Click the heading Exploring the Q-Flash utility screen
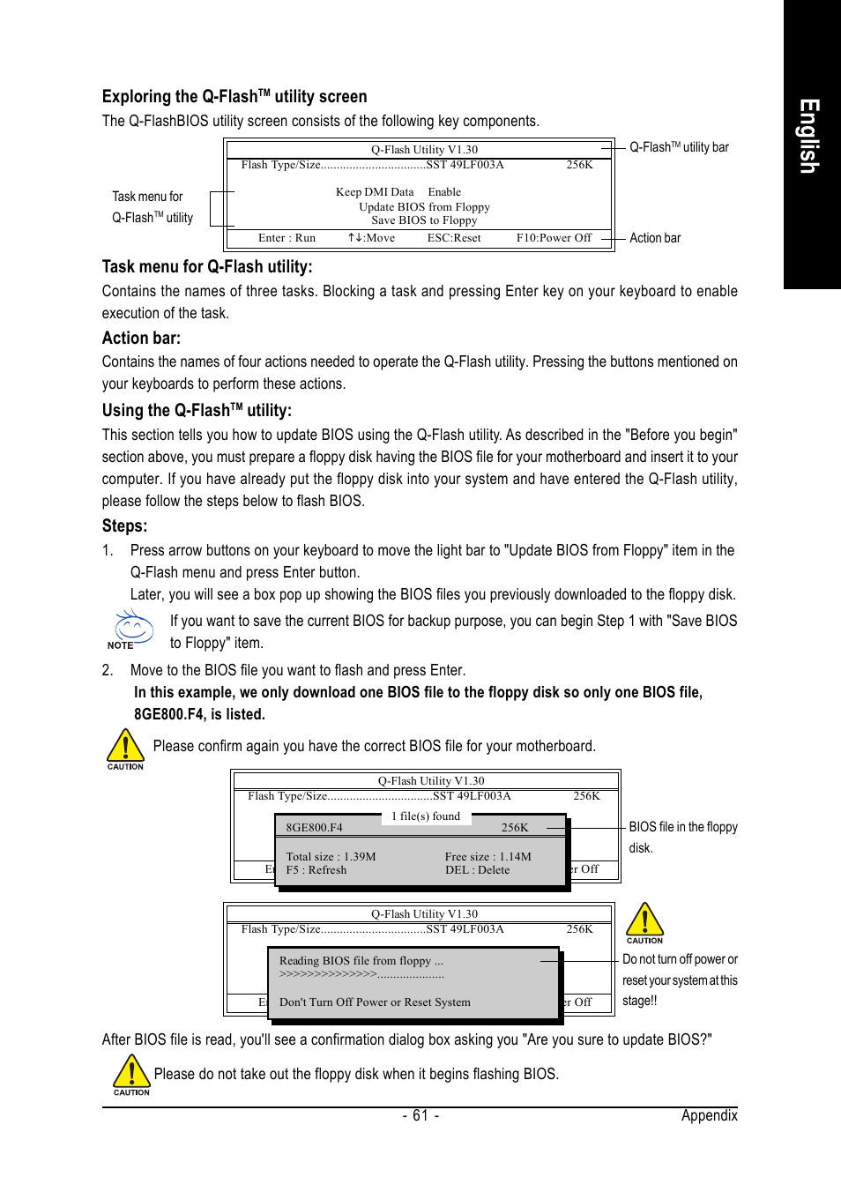pos(234,96)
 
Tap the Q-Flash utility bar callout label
pos(679,147)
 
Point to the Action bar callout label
pos(655,238)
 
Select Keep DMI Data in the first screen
pos(375,192)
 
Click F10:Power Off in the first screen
pos(554,238)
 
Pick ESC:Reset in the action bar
pos(454,238)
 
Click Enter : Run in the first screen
pos(287,238)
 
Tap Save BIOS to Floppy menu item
pos(424,220)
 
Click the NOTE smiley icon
pos(133,628)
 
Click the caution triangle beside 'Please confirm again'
pos(125,746)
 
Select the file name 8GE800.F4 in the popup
pos(314,828)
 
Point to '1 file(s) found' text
pos(426,816)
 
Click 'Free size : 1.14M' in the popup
pos(487,857)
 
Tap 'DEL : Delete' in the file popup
pos(477,870)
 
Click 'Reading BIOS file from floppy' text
pos(361,961)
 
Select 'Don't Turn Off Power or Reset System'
pos(375,1002)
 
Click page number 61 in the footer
pos(420,1115)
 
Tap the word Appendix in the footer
pos(709,1115)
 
